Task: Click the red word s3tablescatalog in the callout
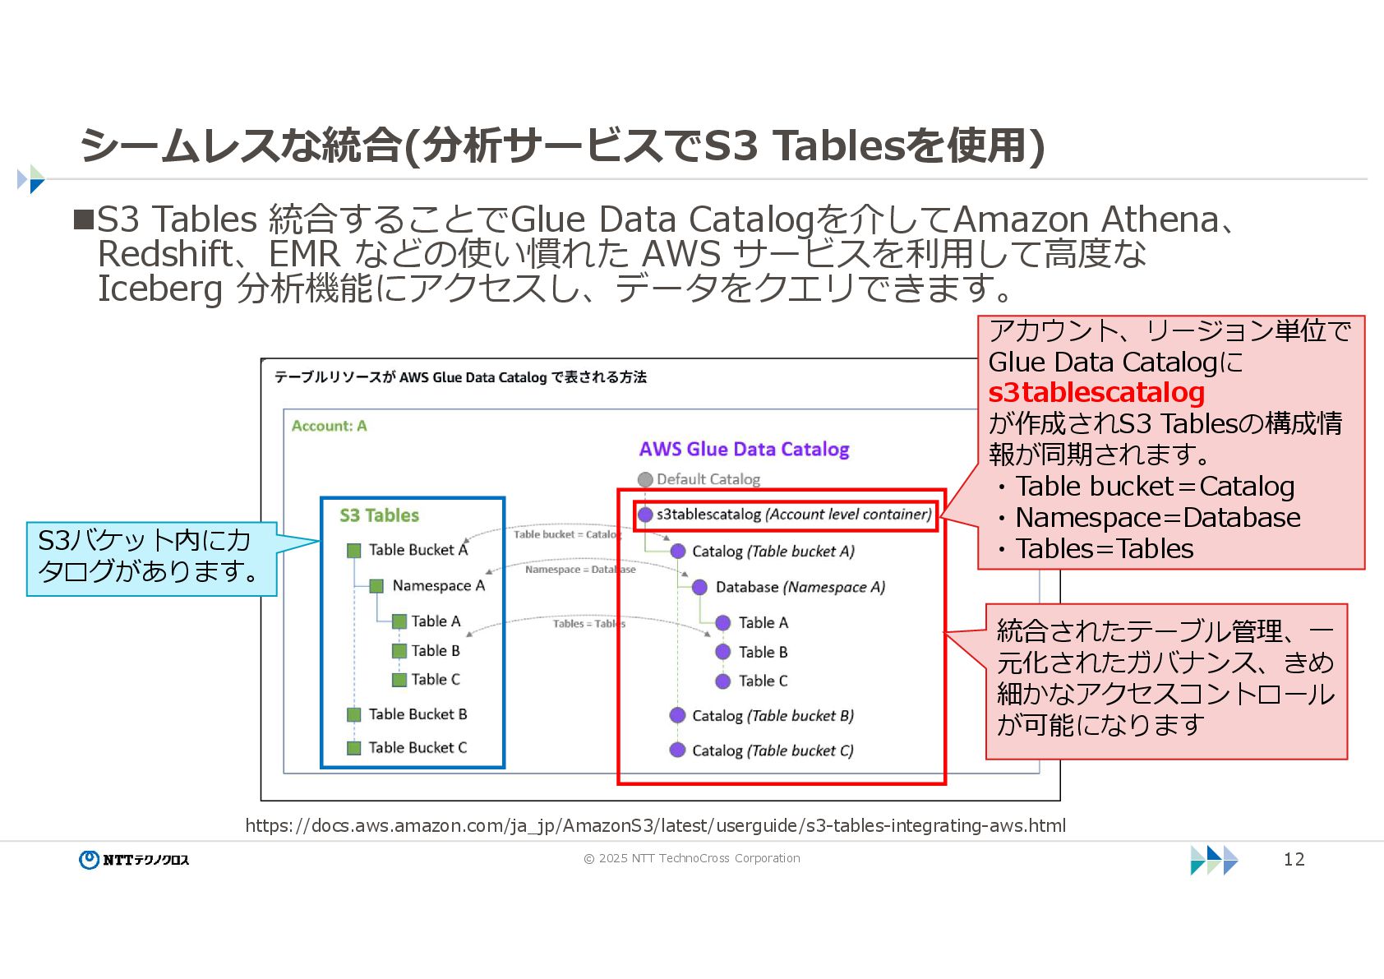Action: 1096,393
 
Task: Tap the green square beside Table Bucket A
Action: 354,551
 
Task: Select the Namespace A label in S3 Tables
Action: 438,585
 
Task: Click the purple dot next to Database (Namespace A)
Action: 699,587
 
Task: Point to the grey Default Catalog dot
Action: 645,479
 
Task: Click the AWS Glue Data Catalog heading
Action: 744,450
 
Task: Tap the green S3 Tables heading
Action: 379,515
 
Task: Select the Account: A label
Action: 329,426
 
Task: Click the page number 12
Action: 1294,859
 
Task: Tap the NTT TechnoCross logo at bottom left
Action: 135,859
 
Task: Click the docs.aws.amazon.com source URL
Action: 655,825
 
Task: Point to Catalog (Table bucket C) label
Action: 773,750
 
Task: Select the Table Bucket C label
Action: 418,747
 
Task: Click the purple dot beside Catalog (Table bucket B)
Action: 677,715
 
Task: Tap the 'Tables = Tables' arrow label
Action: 588,624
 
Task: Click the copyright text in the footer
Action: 691,858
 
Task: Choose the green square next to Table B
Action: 399,651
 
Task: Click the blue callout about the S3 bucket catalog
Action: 150,557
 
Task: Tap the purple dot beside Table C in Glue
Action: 723,681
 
